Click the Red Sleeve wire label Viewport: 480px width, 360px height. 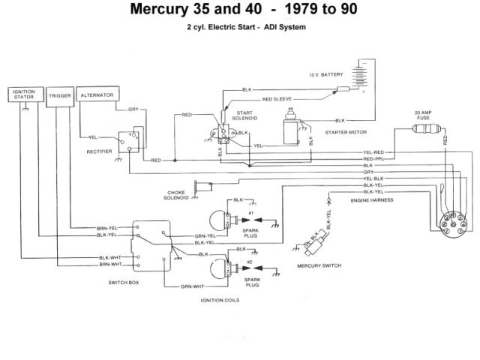tap(277, 99)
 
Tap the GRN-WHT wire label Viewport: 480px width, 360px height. tap(193, 286)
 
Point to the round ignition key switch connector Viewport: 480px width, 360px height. tap(448, 222)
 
